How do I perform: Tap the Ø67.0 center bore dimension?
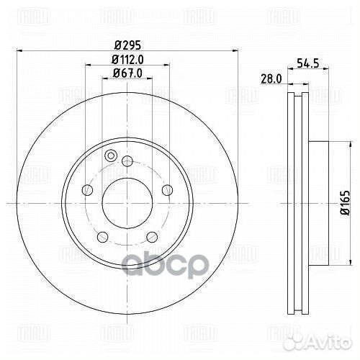pos(127,73)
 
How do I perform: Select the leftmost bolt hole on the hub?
pos(87,190)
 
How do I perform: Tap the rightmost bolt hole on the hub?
pos(168,190)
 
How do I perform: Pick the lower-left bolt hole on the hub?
pos(102,237)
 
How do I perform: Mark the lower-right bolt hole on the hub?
pos(152,237)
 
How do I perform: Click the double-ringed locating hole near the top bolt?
pos(111,156)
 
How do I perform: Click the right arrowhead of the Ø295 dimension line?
pos(234,50)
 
